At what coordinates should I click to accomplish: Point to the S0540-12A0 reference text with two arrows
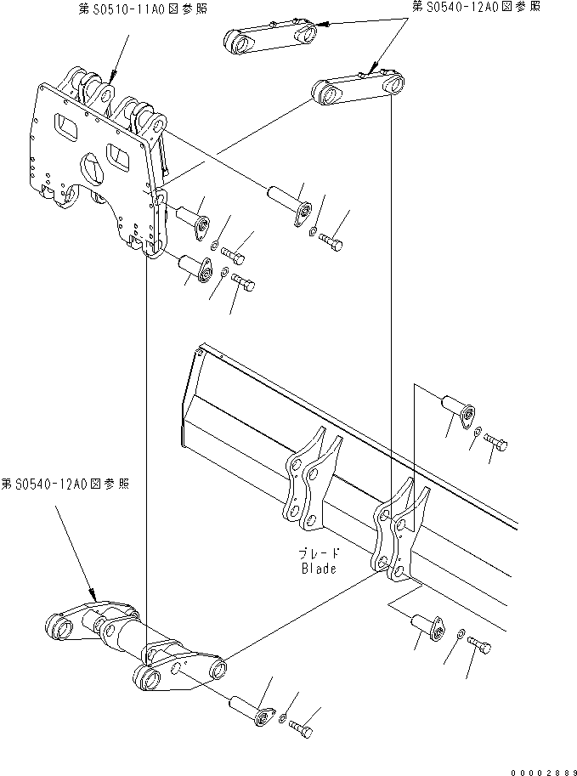[475, 7]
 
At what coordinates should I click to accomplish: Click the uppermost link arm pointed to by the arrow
[270, 37]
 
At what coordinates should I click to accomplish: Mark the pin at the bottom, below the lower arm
[250, 708]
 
